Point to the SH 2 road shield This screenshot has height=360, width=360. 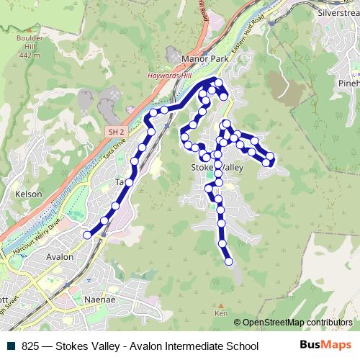coord(117,132)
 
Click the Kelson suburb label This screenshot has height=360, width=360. coord(29,194)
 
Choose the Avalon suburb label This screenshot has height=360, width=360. coord(59,256)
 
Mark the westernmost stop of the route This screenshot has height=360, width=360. coord(88,235)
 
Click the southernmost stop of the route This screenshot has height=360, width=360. coord(229,261)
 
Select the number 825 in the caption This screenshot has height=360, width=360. coord(30,346)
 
